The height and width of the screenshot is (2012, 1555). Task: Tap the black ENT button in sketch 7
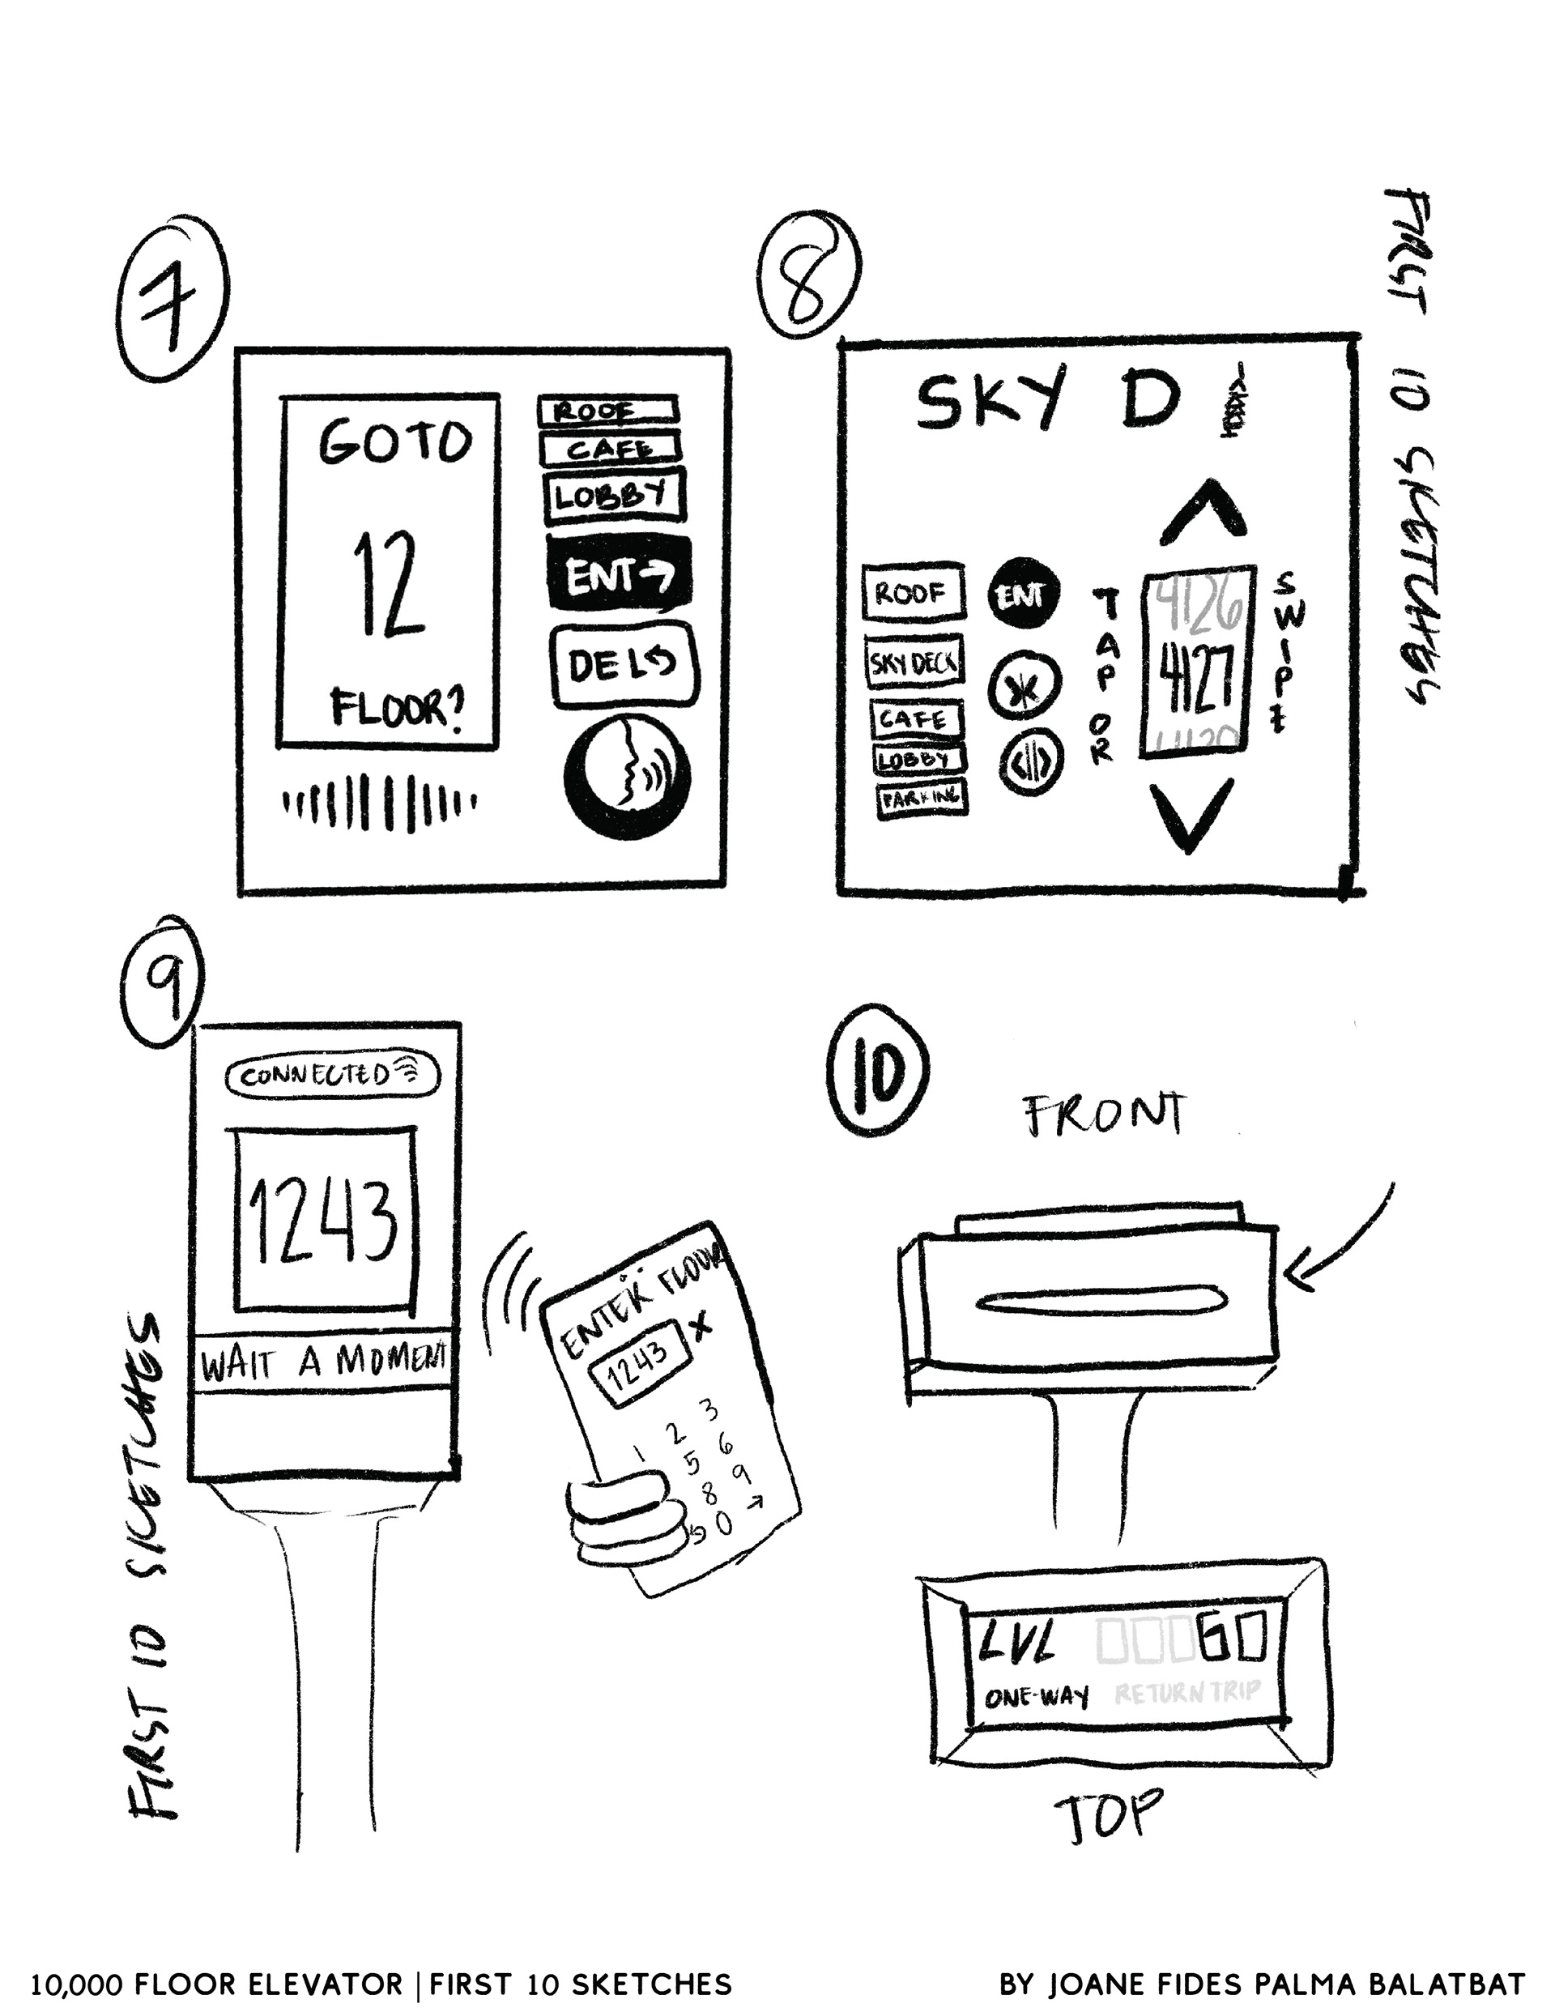click(x=618, y=575)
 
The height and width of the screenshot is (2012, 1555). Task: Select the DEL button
click(x=623, y=665)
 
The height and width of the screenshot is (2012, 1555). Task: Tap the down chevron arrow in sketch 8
click(x=1191, y=813)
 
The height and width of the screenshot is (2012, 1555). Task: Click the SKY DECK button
click(x=914, y=663)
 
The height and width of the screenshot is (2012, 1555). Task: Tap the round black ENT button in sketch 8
click(x=1023, y=595)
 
